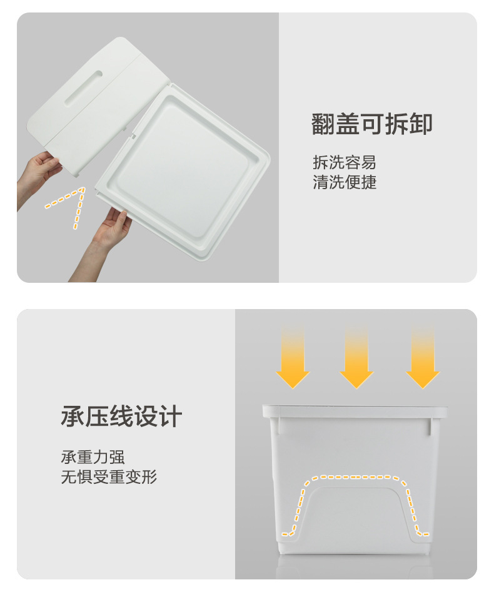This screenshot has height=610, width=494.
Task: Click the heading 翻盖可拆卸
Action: [371, 124]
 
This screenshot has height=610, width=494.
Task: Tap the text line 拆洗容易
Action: [345, 162]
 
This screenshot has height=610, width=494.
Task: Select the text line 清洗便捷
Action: [345, 182]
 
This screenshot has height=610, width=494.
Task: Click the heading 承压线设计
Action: [121, 416]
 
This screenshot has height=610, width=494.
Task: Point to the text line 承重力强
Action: [93, 457]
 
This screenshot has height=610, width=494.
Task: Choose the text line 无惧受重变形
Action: [109, 477]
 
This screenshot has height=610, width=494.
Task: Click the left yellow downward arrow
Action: [293, 358]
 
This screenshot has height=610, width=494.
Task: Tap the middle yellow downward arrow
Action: [356, 358]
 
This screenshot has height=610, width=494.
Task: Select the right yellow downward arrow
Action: [423, 358]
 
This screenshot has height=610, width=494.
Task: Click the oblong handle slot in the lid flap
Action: [83, 88]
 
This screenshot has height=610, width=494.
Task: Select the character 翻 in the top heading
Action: [323, 124]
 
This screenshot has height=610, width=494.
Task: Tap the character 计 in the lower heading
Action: [171, 416]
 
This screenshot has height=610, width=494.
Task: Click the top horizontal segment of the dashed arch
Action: [355, 477]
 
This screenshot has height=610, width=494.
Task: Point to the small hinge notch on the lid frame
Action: [133, 135]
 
